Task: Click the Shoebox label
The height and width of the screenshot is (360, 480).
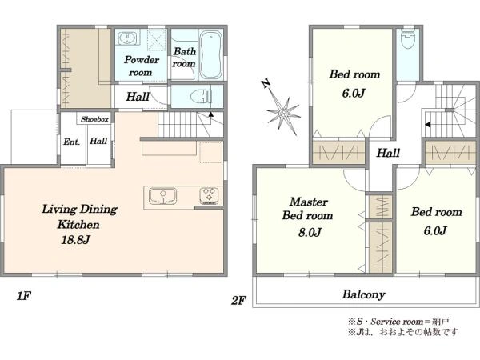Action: pyautogui.click(x=94, y=119)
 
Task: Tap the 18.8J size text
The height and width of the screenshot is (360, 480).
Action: pyautogui.click(x=75, y=239)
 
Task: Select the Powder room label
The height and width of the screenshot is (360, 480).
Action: pyautogui.click(x=141, y=66)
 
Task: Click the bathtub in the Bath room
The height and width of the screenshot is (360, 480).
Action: pyautogui.click(x=210, y=55)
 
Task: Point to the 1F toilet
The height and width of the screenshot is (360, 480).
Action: pyautogui.click(x=201, y=97)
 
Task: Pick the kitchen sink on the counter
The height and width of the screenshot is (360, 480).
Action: pyautogui.click(x=162, y=196)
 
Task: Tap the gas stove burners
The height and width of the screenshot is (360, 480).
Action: pyautogui.click(x=209, y=196)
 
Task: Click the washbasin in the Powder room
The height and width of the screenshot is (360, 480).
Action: pyautogui.click(x=126, y=38)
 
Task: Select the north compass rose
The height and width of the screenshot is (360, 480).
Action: pyautogui.click(x=282, y=114)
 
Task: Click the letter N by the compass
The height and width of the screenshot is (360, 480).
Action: pyautogui.click(x=266, y=83)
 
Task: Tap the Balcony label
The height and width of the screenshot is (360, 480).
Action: pyautogui.click(x=364, y=294)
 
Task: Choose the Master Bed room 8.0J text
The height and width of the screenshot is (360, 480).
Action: pyautogui.click(x=308, y=217)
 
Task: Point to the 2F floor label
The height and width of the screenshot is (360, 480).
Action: pyautogui.click(x=238, y=301)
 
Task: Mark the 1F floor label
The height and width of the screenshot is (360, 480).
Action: pyautogui.click(x=23, y=296)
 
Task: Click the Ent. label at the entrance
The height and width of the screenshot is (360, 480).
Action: pyautogui.click(x=72, y=142)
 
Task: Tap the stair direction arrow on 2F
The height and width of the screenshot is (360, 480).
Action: pyautogui.click(x=428, y=125)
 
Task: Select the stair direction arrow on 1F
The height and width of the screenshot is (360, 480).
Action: pyautogui.click(x=211, y=114)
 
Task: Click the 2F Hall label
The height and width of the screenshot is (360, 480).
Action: pyautogui.click(x=388, y=153)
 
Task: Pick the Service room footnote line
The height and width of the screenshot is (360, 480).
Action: pyautogui.click(x=398, y=322)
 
